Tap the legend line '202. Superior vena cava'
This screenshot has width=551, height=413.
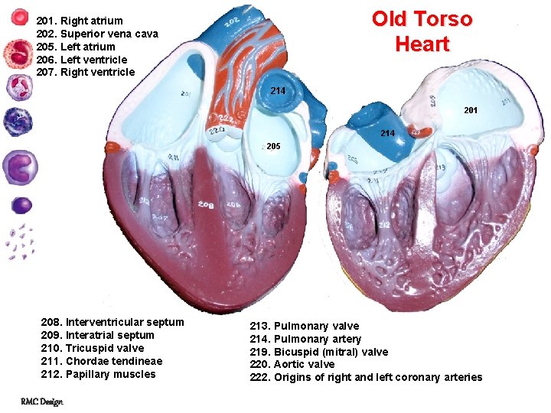coord(97,34)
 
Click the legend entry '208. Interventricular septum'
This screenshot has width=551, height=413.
coord(112,322)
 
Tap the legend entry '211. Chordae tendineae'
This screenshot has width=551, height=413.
coord(101,361)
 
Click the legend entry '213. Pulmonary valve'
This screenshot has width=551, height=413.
coord(305,326)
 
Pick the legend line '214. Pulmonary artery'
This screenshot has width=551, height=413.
coord(305,339)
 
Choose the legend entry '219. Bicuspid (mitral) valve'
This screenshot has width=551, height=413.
coord(319,352)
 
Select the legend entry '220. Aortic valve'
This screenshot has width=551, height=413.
coord(292,364)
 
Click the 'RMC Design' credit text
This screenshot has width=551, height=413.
coord(42,402)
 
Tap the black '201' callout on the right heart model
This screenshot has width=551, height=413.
coord(471,110)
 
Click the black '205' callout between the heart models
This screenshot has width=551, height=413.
coord(273,146)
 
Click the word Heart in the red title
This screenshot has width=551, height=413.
coord(422,44)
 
